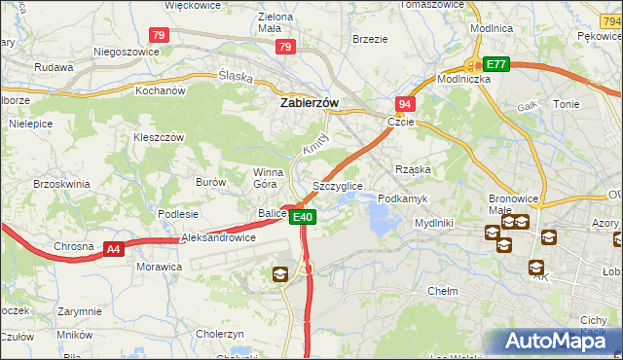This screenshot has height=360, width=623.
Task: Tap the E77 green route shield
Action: click(x=497, y=64)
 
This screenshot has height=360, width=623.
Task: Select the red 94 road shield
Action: click(x=404, y=103)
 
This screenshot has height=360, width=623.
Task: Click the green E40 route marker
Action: click(x=303, y=217)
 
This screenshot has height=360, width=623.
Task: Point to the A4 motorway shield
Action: click(x=114, y=250)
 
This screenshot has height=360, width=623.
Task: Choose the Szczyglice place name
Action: click(x=338, y=185)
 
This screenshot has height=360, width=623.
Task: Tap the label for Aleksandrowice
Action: click(x=218, y=237)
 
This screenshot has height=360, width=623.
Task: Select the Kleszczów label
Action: click(x=159, y=138)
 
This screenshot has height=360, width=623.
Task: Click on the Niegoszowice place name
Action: click(x=126, y=52)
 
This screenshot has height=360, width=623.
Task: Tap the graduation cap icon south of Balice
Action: click(x=280, y=275)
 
